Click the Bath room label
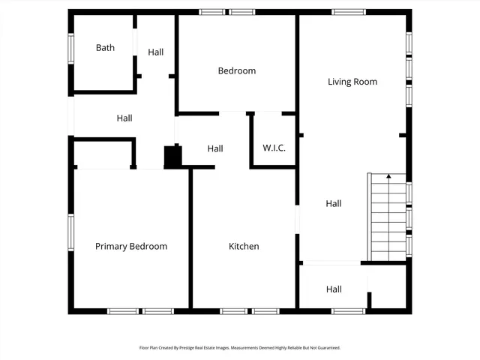coord(105,48)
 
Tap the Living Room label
coord(352,82)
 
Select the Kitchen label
coord(244,246)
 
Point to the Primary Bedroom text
coord(130,246)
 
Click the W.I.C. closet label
coord(274,148)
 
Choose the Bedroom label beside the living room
coord(236,71)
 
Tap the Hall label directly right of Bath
coord(155,52)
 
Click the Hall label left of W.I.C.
coord(215,148)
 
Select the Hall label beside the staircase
coord(334,203)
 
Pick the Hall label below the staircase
coord(334,289)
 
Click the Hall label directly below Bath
coord(124,118)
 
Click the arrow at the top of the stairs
coord(388,177)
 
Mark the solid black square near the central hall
coord(172,157)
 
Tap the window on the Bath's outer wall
coord(71,48)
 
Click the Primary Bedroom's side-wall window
coord(71,232)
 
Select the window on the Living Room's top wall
coord(348,12)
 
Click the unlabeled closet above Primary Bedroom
coord(103,154)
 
